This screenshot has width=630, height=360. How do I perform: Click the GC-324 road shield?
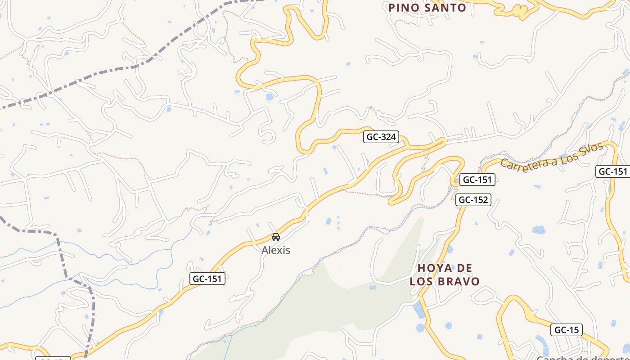(381, 137)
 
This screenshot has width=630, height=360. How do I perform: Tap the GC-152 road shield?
(473, 200)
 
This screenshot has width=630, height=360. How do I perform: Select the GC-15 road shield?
(567, 330)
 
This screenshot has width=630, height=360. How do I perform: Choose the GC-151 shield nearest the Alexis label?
(207, 279)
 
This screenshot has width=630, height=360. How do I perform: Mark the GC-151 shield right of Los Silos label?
(612, 171)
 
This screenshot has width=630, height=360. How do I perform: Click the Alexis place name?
(276, 250)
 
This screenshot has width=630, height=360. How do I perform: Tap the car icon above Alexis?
(276, 237)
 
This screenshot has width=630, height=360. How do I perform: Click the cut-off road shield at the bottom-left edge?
(53, 358)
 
